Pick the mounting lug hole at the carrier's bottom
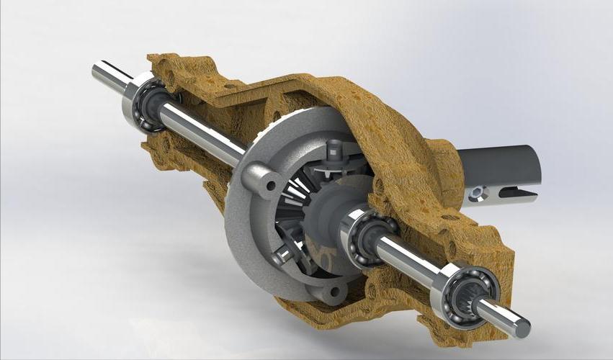(x=334, y=292)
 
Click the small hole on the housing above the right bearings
(x=452, y=217)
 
